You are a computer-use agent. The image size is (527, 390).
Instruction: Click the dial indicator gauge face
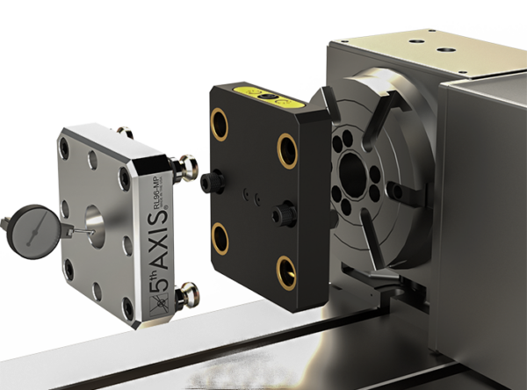(27, 227)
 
